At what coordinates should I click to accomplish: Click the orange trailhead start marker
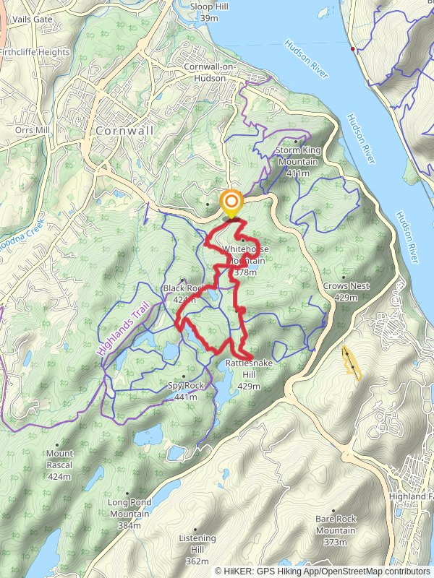point(231,202)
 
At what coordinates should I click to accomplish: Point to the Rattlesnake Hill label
point(249,370)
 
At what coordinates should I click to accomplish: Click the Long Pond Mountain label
point(129,509)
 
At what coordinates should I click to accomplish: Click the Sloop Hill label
point(210,12)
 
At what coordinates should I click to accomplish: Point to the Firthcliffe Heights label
point(35,52)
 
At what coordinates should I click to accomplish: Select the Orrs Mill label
point(32,130)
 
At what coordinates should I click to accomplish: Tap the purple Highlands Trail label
point(127,326)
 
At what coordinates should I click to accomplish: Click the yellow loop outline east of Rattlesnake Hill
point(351,361)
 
